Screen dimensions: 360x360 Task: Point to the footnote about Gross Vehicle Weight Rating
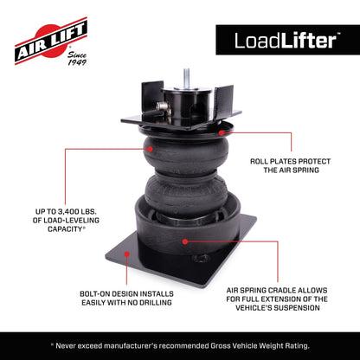click(x=180, y=345)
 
